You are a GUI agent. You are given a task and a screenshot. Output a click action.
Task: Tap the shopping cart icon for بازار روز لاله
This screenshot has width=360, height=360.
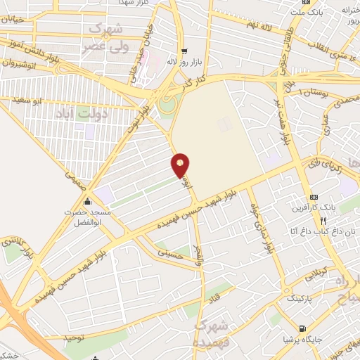coord(185,51)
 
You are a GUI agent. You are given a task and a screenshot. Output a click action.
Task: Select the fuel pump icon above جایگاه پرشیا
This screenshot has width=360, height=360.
coord(302,328)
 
